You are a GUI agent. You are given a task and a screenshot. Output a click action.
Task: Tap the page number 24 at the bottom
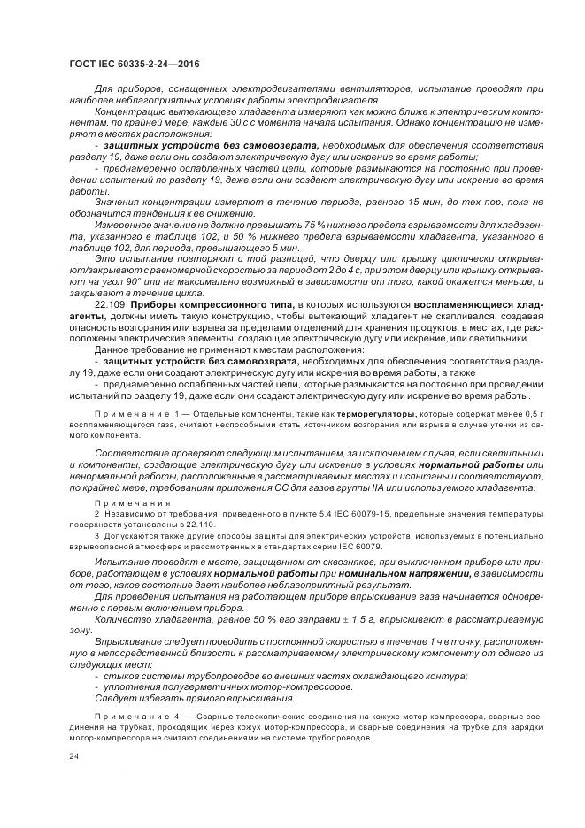[x=74, y=758]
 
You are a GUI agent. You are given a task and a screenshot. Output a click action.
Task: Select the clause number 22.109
[x=110, y=305]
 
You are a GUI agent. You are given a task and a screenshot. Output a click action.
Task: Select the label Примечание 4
[x=132, y=714]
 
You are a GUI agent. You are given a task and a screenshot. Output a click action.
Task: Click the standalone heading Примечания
[x=125, y=501]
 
